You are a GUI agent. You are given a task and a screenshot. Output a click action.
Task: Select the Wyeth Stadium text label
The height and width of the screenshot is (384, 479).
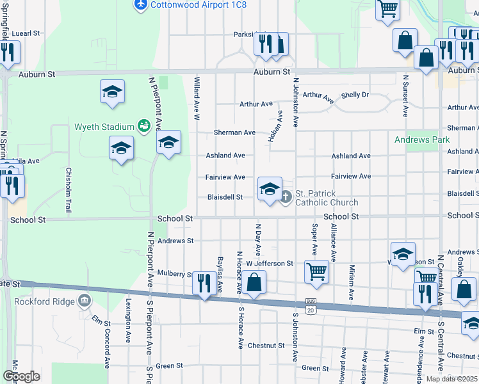(104, 126)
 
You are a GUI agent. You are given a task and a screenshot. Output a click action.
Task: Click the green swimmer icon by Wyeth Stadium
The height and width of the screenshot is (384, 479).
(144, 126)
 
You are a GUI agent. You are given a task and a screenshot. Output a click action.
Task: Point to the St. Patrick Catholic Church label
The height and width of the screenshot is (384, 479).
(326, 198)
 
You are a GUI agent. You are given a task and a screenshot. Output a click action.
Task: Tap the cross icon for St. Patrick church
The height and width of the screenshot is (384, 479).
(286, 198)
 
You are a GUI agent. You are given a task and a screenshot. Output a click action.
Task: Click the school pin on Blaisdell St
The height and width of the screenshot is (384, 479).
(270, 189)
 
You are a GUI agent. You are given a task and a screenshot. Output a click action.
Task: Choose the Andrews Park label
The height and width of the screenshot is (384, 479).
(422, 140)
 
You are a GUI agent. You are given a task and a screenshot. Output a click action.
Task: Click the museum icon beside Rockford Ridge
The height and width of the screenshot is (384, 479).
(85, 301)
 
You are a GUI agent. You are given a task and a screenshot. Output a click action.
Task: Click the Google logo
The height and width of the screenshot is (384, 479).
(21, 376)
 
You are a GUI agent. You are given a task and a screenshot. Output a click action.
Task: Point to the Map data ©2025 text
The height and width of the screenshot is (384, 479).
(451, 379)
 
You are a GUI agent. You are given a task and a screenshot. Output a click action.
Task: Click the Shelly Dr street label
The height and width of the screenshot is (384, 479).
(355, 95)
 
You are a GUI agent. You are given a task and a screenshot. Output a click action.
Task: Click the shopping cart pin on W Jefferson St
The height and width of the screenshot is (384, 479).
(317, 271)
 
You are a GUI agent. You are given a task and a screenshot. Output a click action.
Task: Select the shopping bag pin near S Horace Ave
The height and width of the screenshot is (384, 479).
(254, 283)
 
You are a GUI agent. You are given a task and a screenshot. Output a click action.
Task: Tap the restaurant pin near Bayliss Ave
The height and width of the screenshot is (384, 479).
(204, 283)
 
